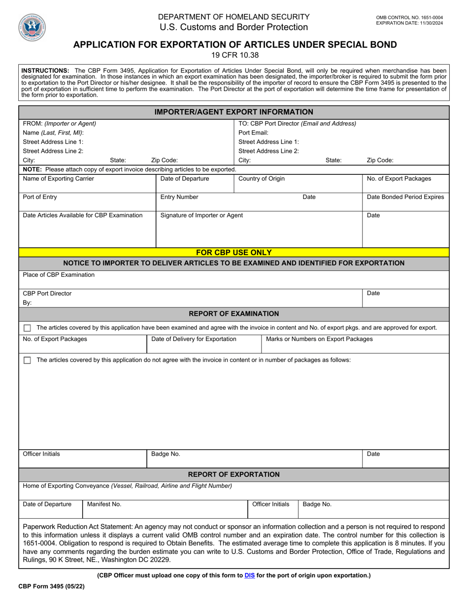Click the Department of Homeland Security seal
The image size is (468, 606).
[x=33, y=27]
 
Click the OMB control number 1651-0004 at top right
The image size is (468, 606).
[x=409, y=18]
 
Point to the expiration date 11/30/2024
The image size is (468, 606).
[x=409, y=23]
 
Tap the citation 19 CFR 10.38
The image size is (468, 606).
[x=234, y=55]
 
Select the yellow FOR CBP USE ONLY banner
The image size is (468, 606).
[x=234, y=252]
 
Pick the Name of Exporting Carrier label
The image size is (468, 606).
[x=58, y=179]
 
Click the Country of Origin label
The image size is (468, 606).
[x=261, y=179]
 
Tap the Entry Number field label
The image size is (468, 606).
[x=179, y=197]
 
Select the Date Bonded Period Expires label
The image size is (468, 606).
[x=405, y=197]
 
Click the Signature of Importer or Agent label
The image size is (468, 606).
[x=201, y=215]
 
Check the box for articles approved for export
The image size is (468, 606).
[x=27, y=328]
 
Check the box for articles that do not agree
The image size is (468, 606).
[x=27, y=361]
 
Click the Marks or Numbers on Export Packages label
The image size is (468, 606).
[x=319, y=339]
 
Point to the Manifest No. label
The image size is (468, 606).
[x=104, y=505]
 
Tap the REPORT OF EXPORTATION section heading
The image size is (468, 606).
[x=234, y=474]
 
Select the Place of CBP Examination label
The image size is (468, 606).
[x=59, y=275]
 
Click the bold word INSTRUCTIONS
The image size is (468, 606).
[x=45, y=70]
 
